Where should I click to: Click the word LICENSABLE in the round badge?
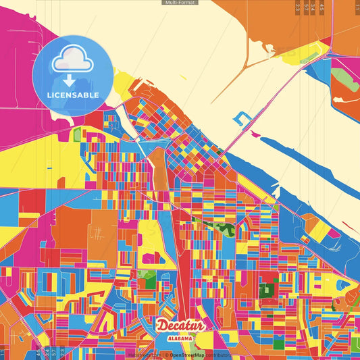(x=73, y=95)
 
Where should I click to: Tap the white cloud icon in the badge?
(x=72, y=59)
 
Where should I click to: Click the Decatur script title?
(x=181, y=326)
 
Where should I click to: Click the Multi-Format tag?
(x=180, y=3)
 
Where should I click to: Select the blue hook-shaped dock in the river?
(x=241, y=119)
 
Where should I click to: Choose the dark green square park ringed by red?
(x=267, y=290)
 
